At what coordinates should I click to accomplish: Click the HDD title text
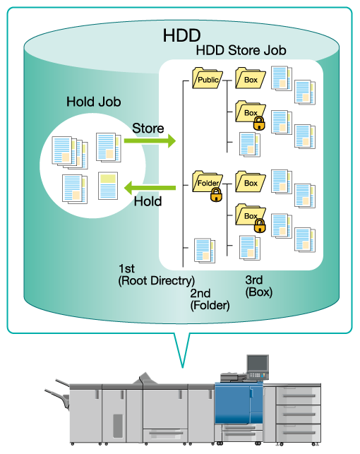click(181, 35)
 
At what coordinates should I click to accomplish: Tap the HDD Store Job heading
click(241, 50)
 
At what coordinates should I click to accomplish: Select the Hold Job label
click(93, 102)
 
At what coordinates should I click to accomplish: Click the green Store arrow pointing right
click(150, 141)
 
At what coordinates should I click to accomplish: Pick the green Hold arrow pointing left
click(150, 188)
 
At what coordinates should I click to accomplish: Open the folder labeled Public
click(208, 78)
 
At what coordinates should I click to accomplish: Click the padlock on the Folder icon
click(216, 195)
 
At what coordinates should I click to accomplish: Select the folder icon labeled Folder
click(208, 181)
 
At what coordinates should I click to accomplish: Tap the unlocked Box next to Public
click(251, 78)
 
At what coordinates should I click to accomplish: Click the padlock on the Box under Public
click(259, 124)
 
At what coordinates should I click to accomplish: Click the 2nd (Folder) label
click(210, 299)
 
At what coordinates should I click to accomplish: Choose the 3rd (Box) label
click(259, 286)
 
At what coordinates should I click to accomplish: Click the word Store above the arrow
click(148, 129)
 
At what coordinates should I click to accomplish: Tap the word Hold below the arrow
click(148, 201)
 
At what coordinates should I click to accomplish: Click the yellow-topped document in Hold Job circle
click(108, 186)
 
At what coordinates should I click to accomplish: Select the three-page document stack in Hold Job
click(70, 153)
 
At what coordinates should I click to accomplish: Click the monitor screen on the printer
click(257, 363)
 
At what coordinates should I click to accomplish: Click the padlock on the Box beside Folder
click(260, 225)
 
